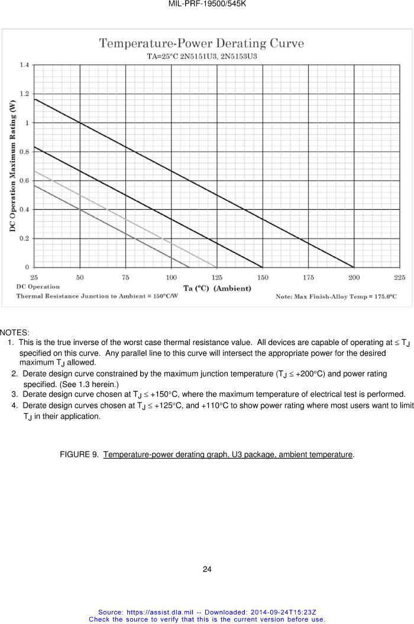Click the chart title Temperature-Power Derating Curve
201,43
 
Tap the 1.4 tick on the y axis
25,64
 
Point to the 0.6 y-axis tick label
25,181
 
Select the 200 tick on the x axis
354,277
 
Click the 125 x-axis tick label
216,277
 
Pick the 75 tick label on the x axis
125,277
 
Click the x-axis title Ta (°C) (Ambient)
217,288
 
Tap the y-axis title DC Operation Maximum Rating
12,166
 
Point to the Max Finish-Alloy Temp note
336,296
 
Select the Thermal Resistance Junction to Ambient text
96,296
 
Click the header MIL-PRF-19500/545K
207,4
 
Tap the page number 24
207,570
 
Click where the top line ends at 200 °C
354,267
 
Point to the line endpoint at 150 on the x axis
263,267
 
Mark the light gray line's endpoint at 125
216,267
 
